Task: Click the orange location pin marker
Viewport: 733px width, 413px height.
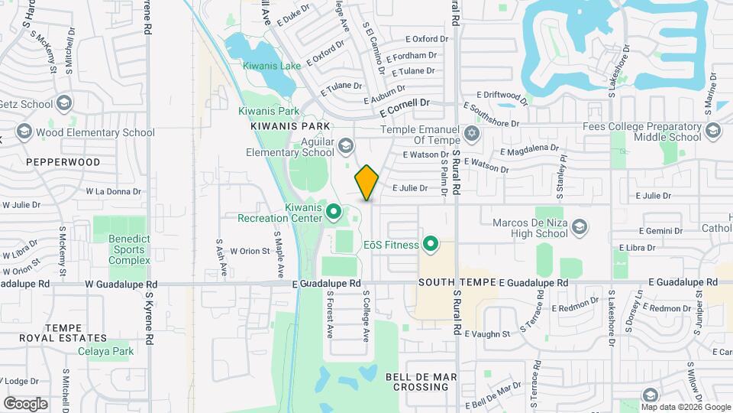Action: pos(367,183)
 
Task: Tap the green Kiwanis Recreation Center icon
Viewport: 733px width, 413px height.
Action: pos(333,210)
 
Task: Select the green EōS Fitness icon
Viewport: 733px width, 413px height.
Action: pos(431,245)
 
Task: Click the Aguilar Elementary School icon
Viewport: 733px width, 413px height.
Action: pos(346,145)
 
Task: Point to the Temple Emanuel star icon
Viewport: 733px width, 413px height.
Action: pos(472,134)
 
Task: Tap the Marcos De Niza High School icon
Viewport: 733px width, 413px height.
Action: pos(580,226)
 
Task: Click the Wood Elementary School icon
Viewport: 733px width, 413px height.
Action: pos(24,132)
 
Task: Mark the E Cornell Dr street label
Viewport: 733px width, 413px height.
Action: pos(405,106)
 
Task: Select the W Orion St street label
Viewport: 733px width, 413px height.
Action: pos(250,250)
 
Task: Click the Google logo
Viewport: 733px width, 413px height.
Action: pos(25,404)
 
